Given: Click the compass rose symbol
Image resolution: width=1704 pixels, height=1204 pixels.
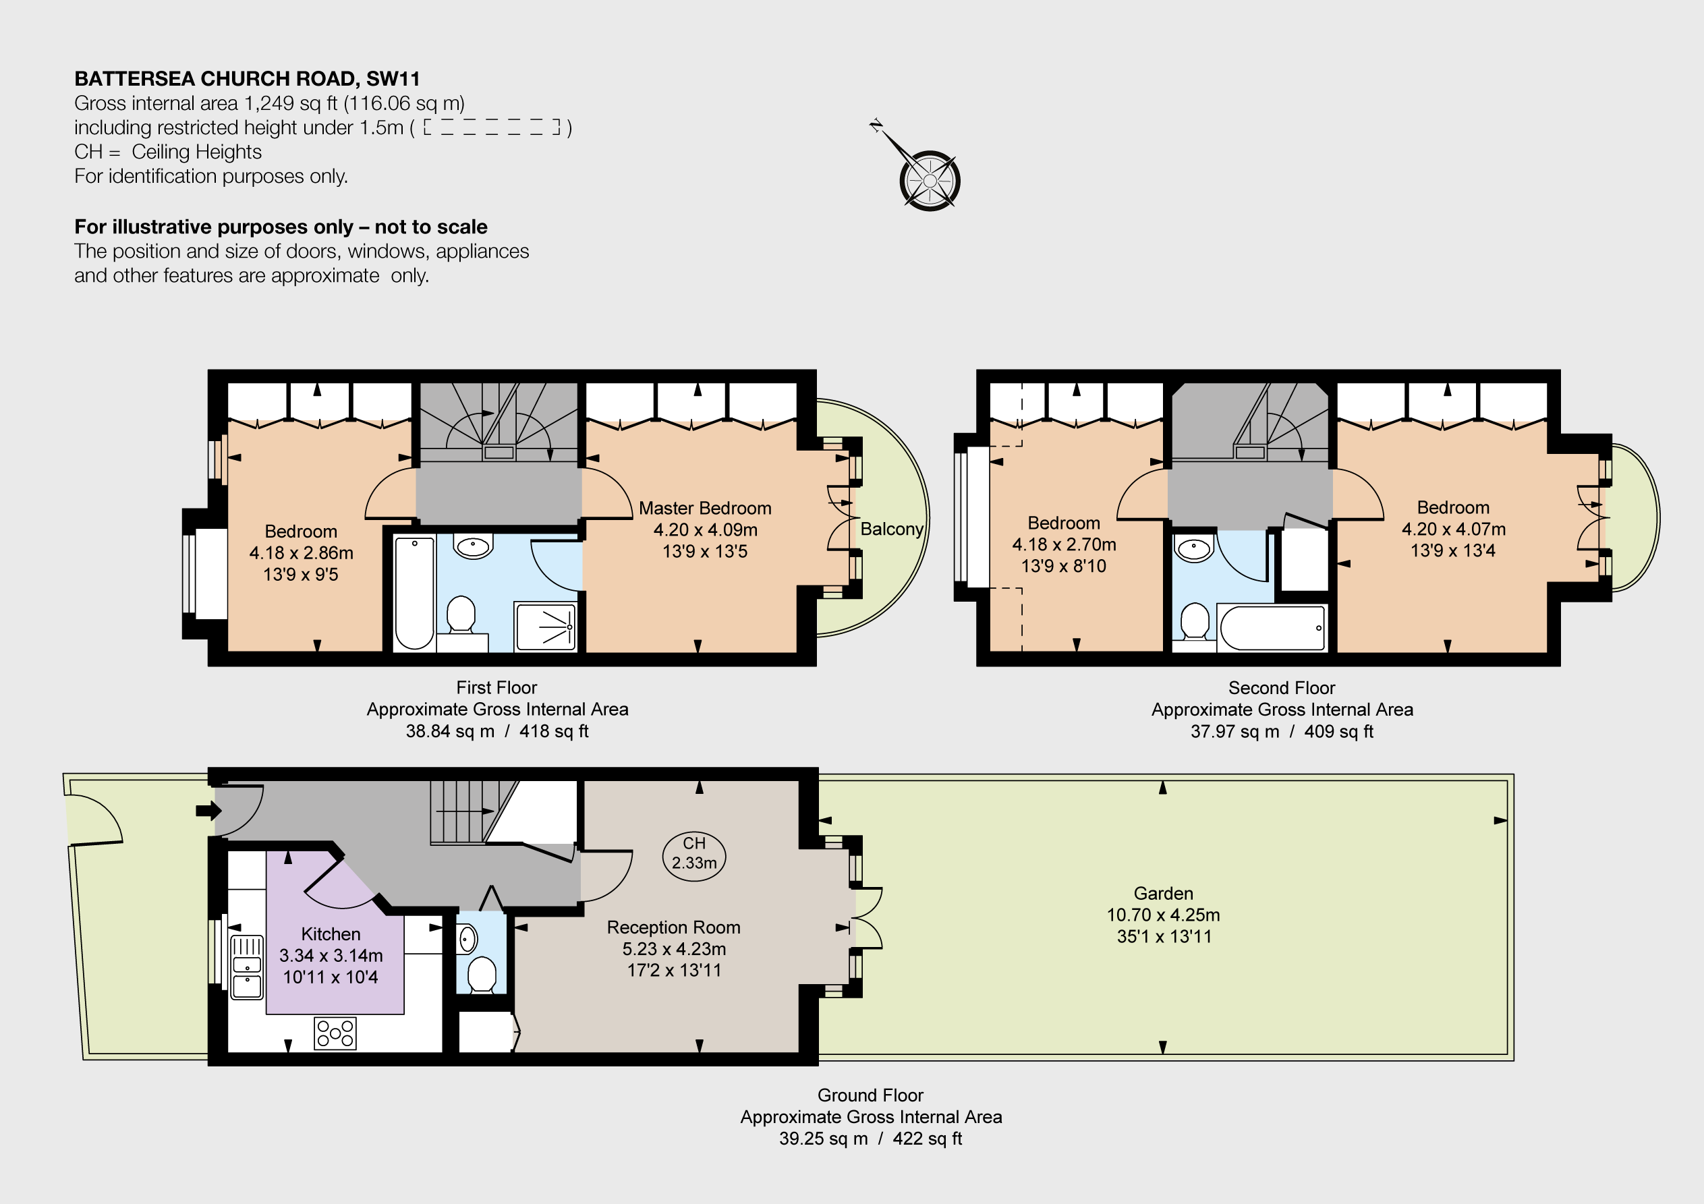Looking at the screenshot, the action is click(929, 179).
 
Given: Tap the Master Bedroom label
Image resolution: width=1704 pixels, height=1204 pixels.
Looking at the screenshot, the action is click(705, 509).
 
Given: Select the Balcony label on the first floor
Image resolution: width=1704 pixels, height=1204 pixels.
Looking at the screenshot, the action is click(891, 529).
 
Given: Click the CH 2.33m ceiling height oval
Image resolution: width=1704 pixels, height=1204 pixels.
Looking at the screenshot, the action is click(694, 856).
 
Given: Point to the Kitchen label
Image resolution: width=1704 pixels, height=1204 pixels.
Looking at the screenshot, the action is click(331, 934).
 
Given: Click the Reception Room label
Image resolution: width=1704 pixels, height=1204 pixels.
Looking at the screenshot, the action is click(674, 927).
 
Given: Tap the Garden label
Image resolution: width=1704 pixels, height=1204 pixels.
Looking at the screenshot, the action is click(1164, 893).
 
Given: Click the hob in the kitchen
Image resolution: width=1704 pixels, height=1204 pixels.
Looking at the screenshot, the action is click(335, 1033).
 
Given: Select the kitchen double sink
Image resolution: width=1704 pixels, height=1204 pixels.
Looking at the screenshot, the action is click(247, 967).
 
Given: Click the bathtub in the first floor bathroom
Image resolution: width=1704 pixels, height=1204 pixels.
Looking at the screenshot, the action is click(414, 592).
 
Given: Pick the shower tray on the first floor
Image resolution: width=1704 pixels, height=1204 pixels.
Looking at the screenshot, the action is click(546, 627).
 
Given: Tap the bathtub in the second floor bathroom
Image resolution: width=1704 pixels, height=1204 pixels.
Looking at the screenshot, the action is click(1272, 628).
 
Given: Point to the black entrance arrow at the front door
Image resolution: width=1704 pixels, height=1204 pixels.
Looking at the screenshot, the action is click(208, 811).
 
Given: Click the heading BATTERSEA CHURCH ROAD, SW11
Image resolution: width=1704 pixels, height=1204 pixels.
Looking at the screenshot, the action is click(247, 79).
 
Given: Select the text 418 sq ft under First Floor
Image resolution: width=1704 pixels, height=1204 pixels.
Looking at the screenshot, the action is click(554, 731).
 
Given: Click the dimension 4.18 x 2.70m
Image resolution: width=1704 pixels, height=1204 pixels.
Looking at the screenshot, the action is click(1064, 544).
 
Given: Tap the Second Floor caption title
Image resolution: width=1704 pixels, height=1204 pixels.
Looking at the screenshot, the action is click(1282, 688).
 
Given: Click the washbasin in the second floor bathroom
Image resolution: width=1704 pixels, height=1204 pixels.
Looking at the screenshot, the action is click(1193, 549).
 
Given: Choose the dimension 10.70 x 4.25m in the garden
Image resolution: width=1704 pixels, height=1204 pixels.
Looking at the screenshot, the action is click(1164, 915).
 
